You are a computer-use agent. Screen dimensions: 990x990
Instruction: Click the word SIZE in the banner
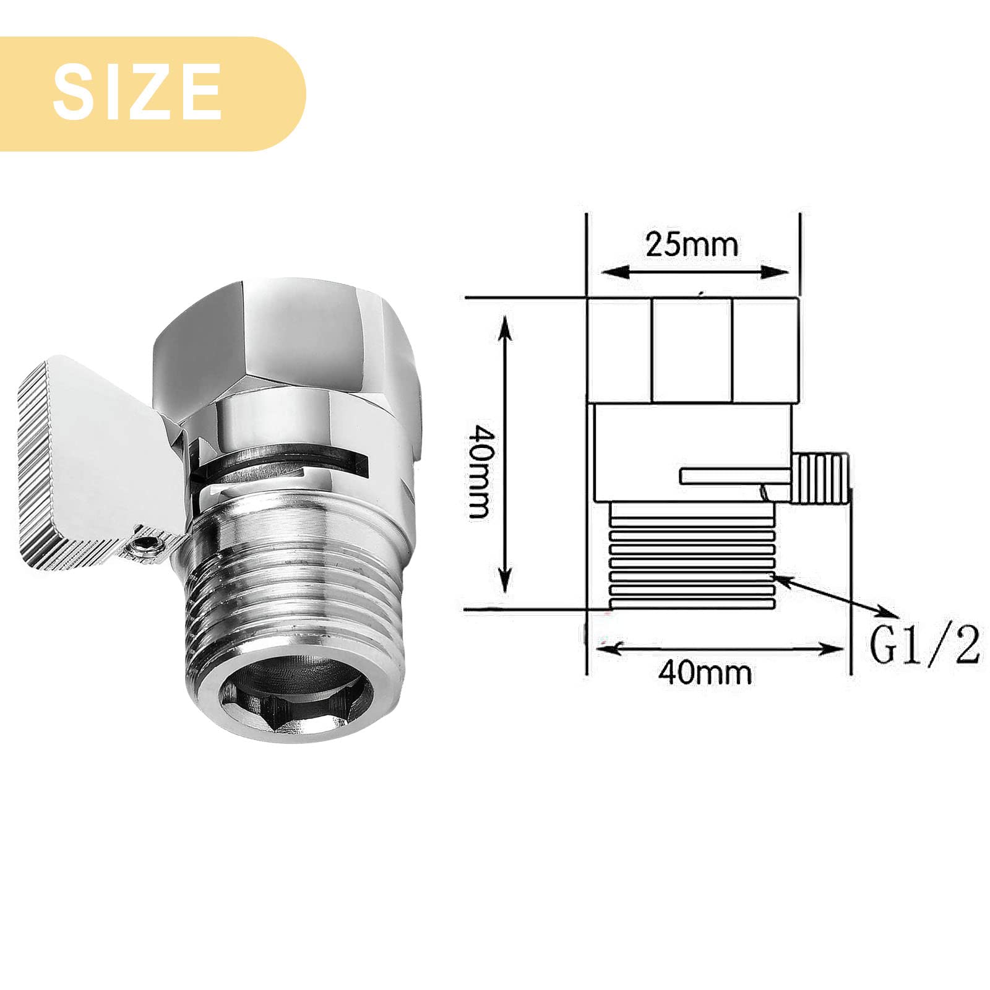[137, 93]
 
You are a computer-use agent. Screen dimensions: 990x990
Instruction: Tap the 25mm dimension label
[692, 244]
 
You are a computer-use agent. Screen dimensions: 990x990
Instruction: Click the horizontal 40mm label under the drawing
[705, 672]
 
